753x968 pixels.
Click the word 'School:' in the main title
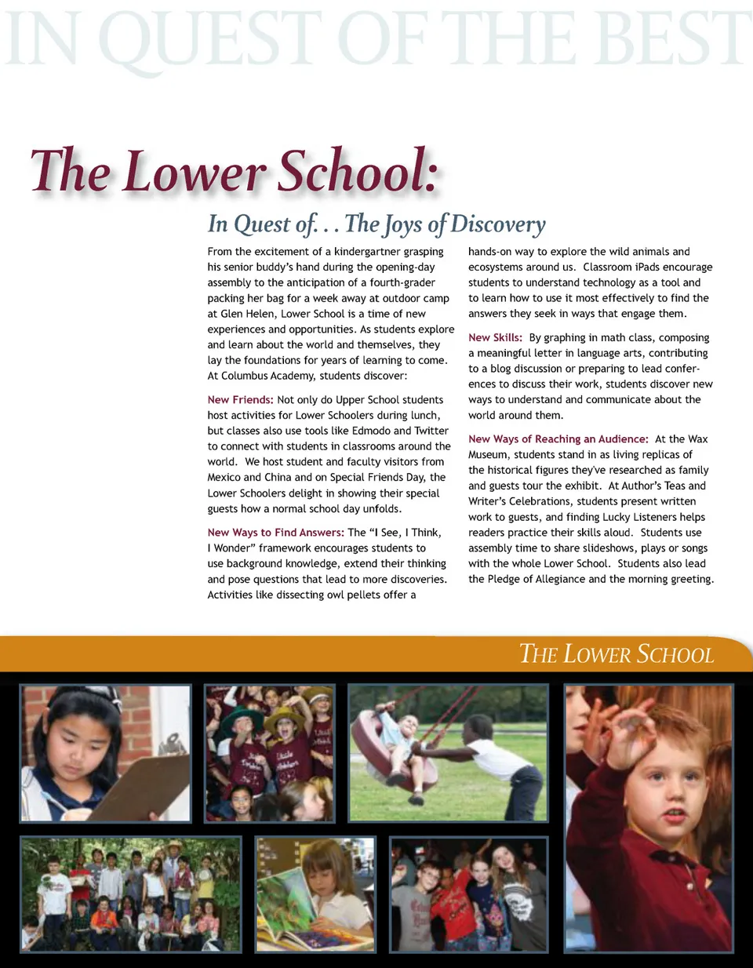pos(358,172)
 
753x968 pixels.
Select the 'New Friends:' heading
pos(240,400)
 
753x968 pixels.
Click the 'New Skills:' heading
pos(495,338)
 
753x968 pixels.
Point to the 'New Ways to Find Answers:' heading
pos(275,533)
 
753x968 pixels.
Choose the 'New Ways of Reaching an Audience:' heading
pos(558,439)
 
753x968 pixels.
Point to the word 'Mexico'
pos(224,478)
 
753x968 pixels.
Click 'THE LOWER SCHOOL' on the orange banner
pos(617,654)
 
